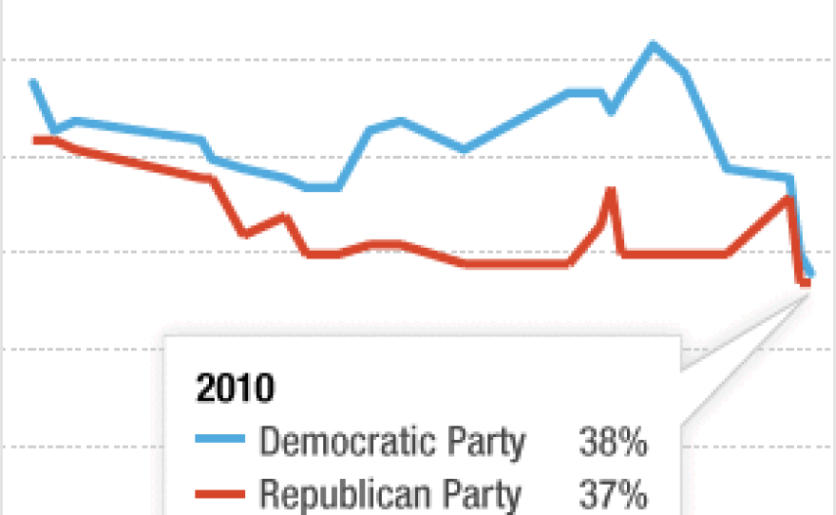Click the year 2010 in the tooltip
(x=235, y=389)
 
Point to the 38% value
(x=613, y=442)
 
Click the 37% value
(x=613, y=494)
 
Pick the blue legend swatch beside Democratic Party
(x=219, y=441)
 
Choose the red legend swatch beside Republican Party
(x=219, y=493)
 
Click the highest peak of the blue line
(x=653, y=44)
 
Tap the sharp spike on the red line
(x=610, y=189)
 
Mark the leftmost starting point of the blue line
(x=33, y=82)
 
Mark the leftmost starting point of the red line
(x=34, y=140)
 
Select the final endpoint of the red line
(x=807, y=282)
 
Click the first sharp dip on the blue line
(x=54, y=129)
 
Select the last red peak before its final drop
(x=788, y=197)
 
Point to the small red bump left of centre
(x=283, y=216)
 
